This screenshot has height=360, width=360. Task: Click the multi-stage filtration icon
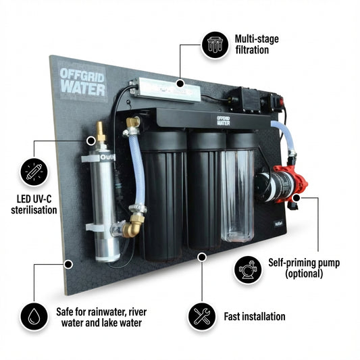(215, 45)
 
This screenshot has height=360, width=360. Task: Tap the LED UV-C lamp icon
(34, 172)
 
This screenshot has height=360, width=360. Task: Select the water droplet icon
(34, 316)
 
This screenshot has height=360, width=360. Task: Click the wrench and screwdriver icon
(202, 316)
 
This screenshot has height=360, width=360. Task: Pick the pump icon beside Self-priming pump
(248, 269)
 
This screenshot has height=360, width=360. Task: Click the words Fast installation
(255, 316)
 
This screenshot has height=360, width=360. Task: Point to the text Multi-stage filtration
(257, 45)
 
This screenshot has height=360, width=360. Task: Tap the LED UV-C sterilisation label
(34, 205)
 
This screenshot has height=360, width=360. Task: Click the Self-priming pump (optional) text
(304, 268)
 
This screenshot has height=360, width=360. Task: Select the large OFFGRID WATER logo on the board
(82, 82)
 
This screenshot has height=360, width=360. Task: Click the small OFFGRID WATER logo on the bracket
(224, 121)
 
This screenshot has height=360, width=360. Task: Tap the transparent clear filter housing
(238, 195)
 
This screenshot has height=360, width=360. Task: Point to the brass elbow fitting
(132, 226)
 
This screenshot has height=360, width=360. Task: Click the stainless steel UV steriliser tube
(105, 205)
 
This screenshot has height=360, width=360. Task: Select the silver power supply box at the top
(165, 90)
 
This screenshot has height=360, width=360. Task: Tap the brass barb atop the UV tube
(101, 132)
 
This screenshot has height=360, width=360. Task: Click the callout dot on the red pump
(297, 198)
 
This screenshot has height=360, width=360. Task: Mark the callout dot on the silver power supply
(180, 83)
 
